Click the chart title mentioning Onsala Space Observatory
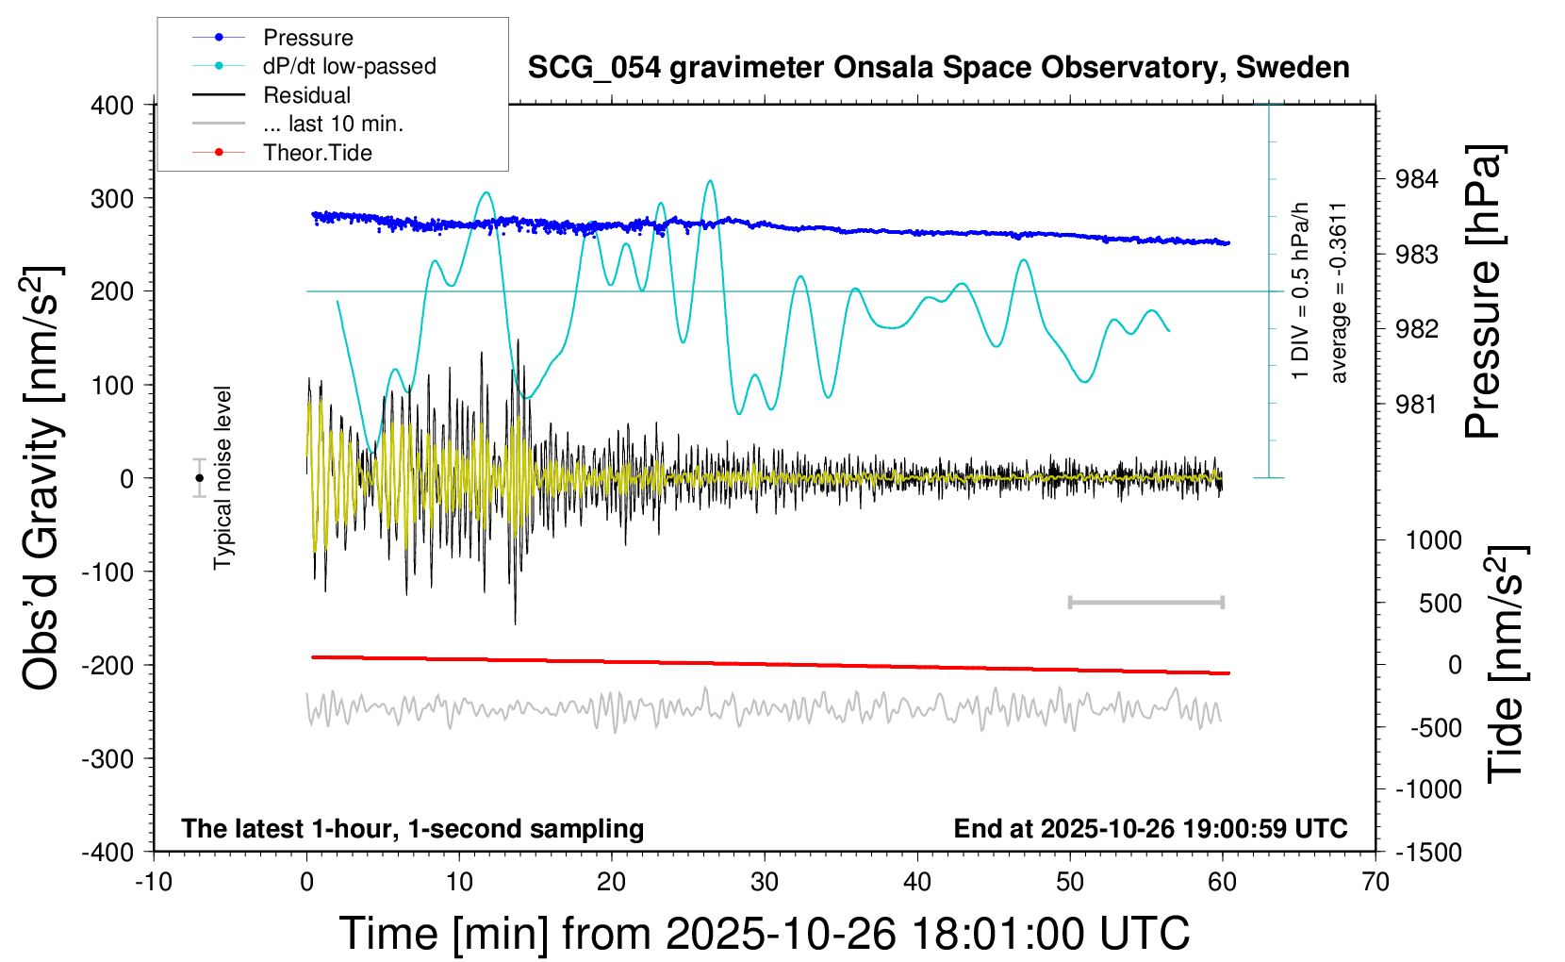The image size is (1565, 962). click(x=938, y=68)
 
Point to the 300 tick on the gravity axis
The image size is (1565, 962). click(x=112, y=199)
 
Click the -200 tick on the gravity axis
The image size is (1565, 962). click(x=107, y=665)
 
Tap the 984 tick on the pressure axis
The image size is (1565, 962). click(x=1416, y=179)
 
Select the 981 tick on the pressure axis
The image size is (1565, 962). click(x=1416, y=405)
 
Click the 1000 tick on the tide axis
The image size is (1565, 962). click(x=1433, y=540)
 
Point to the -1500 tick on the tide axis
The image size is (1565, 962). click(x=1429, y=853)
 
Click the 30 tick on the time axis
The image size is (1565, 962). click(x=765, y=883)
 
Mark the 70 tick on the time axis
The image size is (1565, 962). click(x=1376, y=883)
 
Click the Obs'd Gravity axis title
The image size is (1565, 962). click(x=42, y=478)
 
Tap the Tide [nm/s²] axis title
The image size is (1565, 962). click(x=1506, y=664)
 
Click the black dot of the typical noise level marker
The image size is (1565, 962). click(x=199, y=478)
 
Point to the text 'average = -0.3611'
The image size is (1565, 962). click(x=1338, y=292)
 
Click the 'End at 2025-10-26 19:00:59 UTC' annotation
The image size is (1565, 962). click(x=1150, y=829)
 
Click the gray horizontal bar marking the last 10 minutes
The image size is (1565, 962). click(x=1145, y=602)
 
